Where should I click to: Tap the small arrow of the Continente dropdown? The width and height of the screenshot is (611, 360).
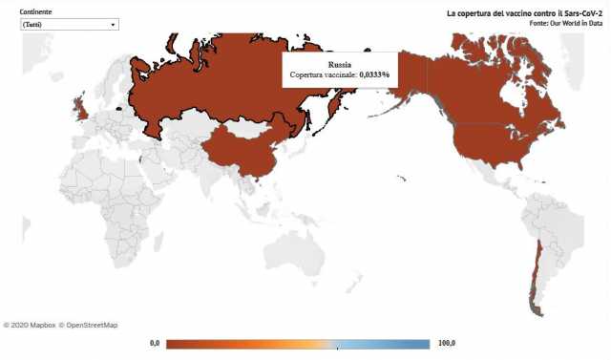click(113, 24)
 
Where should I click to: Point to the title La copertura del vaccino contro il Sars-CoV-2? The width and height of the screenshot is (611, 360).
click(517, 13)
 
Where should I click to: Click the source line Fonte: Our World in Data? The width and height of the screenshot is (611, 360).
click(547, 23)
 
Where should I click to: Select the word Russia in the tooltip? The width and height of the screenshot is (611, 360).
click(340, 63)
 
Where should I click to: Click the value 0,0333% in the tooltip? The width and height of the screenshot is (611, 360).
click(374, 74)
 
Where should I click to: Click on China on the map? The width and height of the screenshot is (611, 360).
click(239, 148)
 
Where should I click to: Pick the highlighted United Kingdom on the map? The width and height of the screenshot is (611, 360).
click(81, 109)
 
